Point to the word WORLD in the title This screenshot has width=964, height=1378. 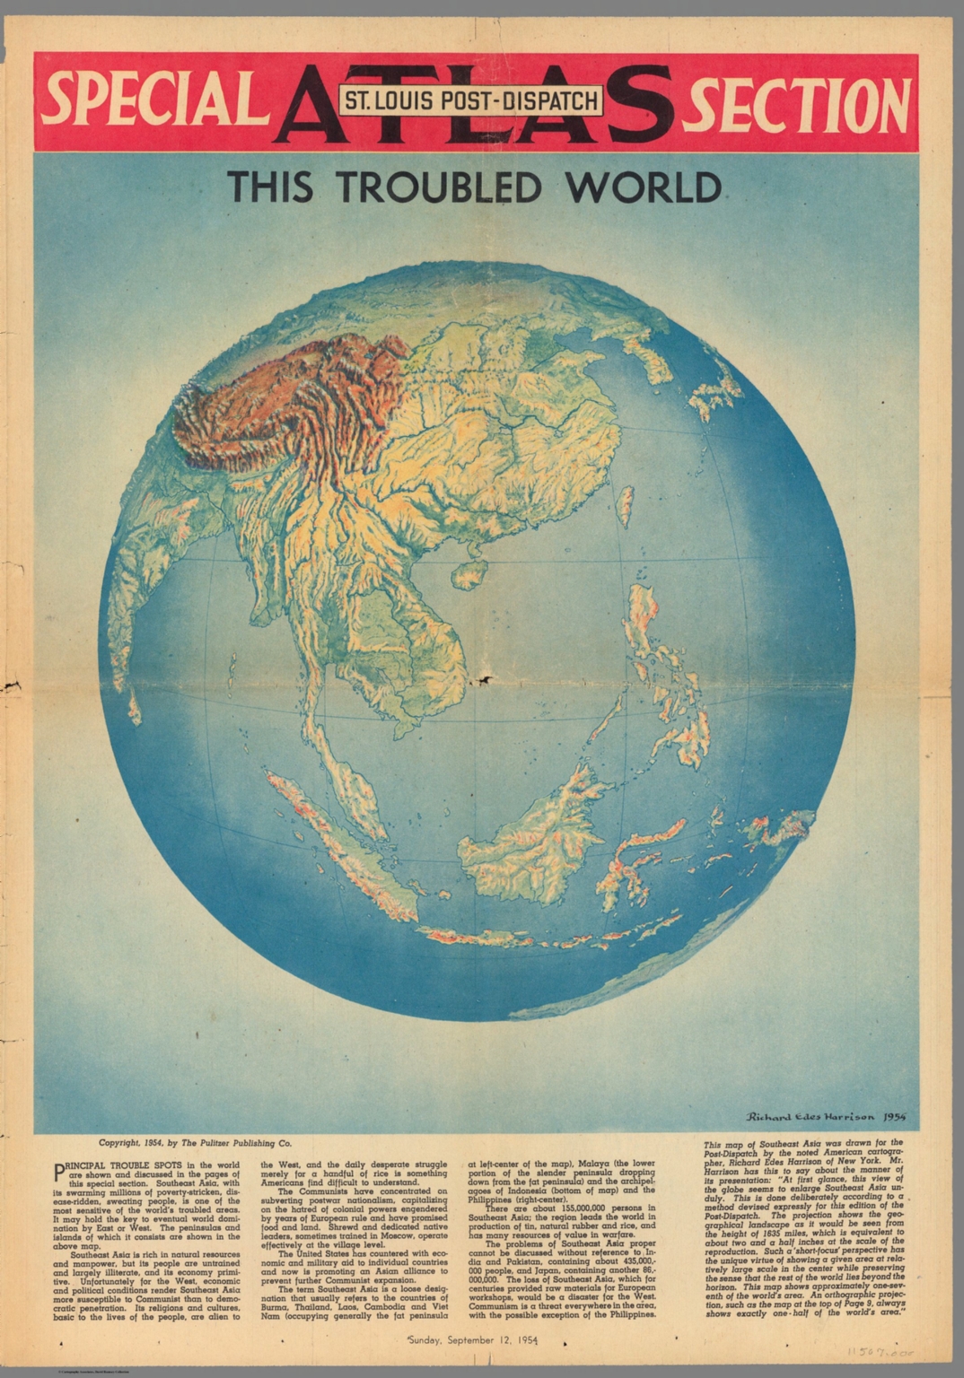643,188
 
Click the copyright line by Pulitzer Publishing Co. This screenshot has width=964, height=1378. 195,1144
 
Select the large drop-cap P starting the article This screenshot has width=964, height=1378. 60,1170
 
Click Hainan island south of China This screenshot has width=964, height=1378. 469,573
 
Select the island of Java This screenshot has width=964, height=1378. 503,938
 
